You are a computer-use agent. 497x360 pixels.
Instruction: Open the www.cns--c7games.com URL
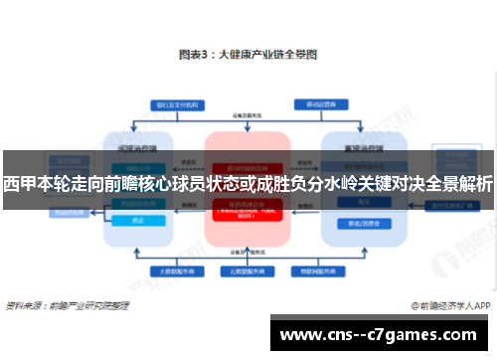(383, 334)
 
